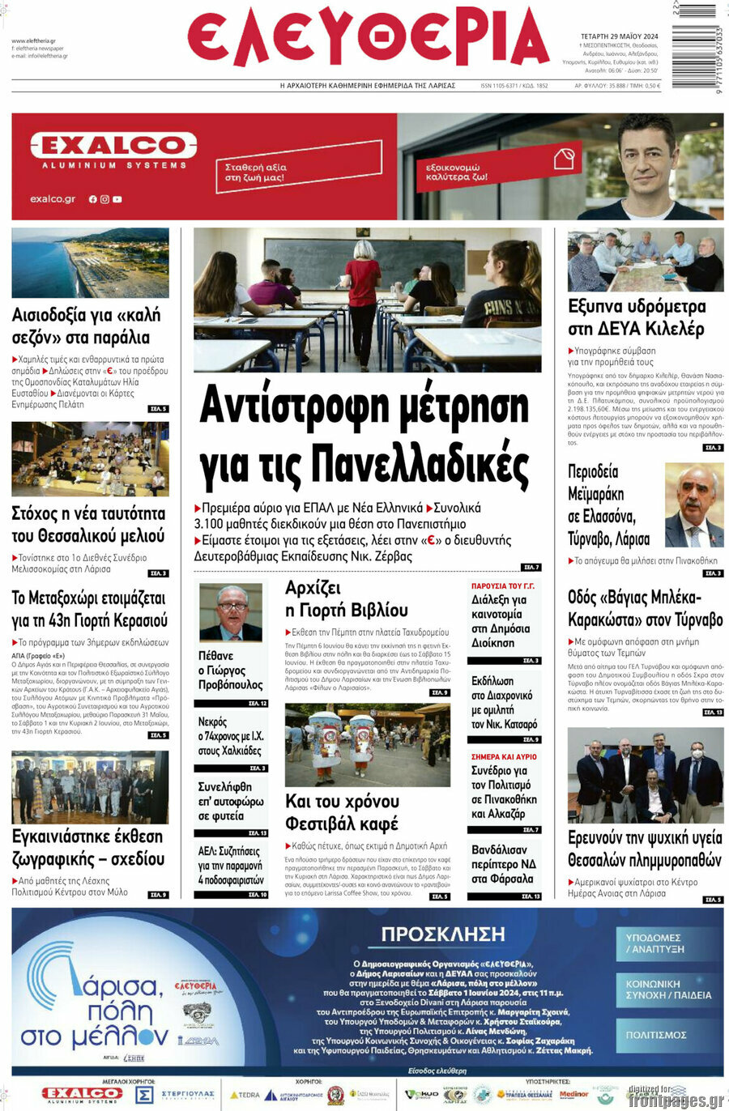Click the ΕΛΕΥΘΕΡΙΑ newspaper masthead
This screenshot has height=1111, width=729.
click(x=368, y=39)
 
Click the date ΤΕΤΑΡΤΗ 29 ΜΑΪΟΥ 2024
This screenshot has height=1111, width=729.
click(x=619, y=36)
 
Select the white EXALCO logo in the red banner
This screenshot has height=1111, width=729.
click(x=113, y=147)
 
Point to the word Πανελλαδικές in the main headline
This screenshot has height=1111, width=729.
click(x=420, y=463)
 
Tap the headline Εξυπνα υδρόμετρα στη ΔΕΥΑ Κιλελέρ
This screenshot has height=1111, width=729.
click(x=636, y=317)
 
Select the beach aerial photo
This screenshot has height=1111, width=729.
click(x=90, y=262)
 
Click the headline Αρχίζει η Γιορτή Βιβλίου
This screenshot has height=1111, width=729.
click(x=346, y=599)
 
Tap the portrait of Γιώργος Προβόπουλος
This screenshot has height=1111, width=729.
click(x=232, y=612)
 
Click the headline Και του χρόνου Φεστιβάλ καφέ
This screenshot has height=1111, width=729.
click(x=342, y=812)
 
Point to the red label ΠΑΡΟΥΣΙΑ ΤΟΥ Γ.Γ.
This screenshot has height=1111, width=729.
click(x=502, y=585)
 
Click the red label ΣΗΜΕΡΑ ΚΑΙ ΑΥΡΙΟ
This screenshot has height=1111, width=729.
click(x=504, y=756)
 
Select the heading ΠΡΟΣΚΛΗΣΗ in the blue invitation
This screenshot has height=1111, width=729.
click(x=443, y=934)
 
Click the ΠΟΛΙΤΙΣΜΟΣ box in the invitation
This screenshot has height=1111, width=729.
click(x=656, y=1035)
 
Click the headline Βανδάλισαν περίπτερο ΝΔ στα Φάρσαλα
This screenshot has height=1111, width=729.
click(x=503, y=864)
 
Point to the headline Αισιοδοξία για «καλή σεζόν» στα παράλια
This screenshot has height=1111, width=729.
click(x=86, y=326)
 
